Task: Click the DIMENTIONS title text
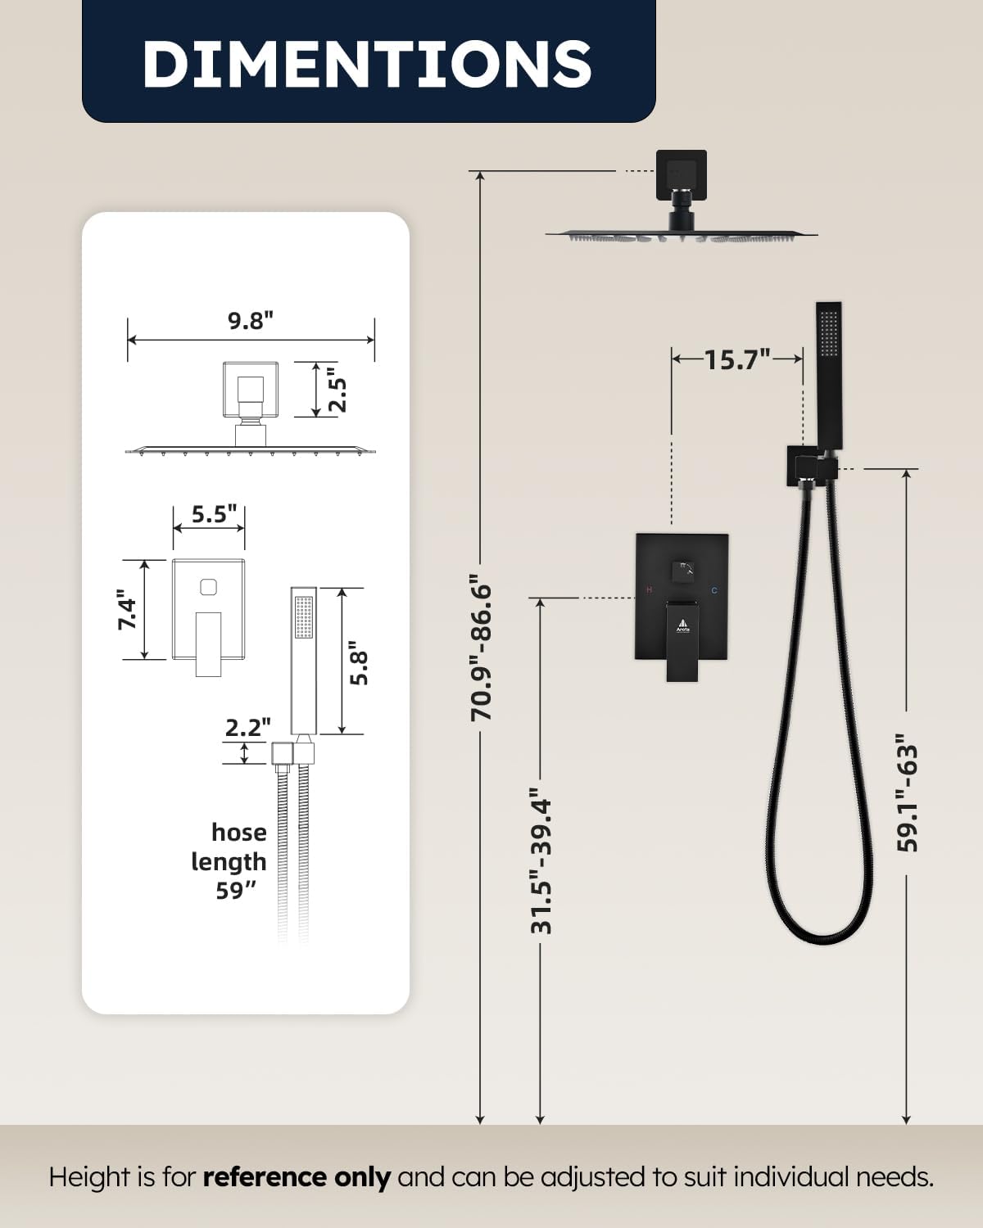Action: coord(367,63)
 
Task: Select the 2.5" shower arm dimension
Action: coord(338,394)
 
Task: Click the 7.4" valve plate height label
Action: coord(127,610)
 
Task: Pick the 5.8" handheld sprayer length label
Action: coord(358,667)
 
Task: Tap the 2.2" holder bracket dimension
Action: coord(247,727)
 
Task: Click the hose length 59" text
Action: coord(230,861)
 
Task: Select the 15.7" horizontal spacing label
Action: coord(737,359)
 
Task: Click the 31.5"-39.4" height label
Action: coord(541,861)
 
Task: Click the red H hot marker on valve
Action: coord(650,589)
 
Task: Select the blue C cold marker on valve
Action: coord(714,589)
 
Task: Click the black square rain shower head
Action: coord(682,236)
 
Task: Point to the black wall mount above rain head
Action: coord(681,174)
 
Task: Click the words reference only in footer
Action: coord(296,1177)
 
